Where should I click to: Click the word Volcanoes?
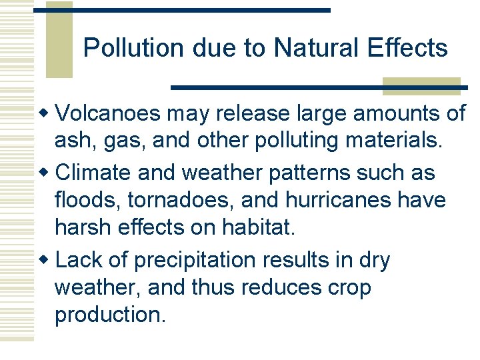coord(108,113)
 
